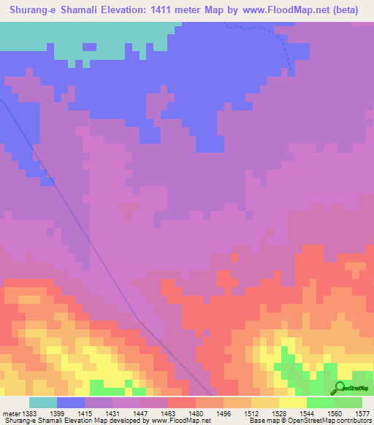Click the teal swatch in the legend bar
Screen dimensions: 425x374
coord(43,402)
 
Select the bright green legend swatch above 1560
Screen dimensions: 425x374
coord(320,402)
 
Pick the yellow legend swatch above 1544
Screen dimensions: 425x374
coord(292,402)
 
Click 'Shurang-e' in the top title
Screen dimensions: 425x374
coord(35,9)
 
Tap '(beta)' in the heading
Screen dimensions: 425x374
coord(349,9)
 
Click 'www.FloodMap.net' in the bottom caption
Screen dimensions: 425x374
coord(178,420)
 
